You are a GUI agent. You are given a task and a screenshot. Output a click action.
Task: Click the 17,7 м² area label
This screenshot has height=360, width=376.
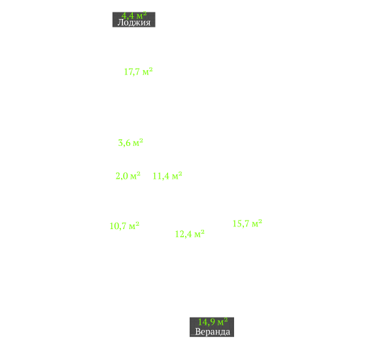tap(139, 71)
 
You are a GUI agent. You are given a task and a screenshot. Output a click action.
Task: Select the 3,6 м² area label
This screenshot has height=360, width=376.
tap(130, 143)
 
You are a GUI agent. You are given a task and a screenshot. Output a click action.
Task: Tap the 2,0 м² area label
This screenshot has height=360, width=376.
tap(128, 175)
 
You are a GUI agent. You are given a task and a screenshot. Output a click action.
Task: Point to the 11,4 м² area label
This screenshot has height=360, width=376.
tap(167, 175)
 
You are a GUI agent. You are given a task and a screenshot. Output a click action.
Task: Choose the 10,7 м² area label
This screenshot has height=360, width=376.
tap(124, 226)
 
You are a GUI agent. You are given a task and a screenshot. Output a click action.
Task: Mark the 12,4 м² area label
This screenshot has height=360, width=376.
tap(190, 234)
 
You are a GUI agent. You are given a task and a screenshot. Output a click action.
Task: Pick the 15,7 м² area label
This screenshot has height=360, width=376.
tap(247, 223)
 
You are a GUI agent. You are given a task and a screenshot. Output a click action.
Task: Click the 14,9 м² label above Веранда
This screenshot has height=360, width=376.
tap(213, 322)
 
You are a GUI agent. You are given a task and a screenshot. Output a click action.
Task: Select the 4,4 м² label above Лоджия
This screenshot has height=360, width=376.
tap(134, 16)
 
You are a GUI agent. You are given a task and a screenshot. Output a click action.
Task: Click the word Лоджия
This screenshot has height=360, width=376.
tap(134, 22)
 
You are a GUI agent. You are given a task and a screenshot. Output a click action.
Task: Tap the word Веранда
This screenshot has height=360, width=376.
tap(213, 332)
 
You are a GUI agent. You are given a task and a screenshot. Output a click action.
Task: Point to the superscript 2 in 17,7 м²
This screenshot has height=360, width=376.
tap(150, 69)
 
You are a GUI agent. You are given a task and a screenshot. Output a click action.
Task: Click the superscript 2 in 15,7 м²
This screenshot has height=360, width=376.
tap(260, 221)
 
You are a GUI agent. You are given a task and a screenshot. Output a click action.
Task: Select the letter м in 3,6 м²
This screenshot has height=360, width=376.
tap(136, 143)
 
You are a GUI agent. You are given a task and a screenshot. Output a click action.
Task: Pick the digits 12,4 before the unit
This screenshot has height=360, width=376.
tap(184, 234)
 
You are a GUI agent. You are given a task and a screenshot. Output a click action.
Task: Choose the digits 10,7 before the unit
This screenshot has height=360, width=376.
tap(118, 226)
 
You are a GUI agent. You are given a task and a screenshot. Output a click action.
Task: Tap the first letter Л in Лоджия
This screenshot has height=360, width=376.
tap(120, 22)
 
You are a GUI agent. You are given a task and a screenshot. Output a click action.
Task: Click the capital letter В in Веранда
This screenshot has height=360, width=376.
tap(198, 331)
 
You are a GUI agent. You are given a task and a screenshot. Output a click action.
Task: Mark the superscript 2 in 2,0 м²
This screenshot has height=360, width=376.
tap(138, 173)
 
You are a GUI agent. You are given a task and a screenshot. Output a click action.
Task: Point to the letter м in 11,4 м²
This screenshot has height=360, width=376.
tap(175, 177)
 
